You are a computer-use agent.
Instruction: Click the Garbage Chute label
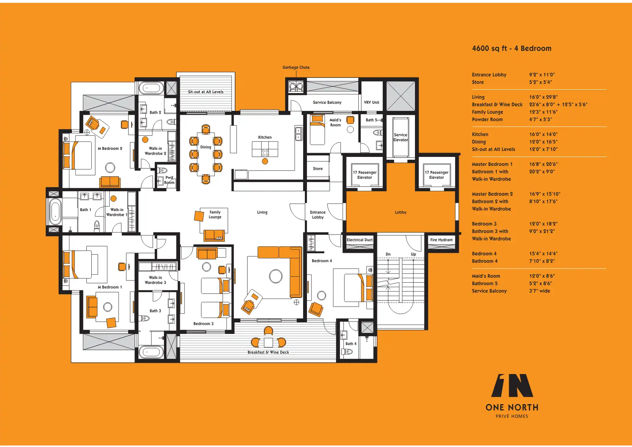pos(296,67)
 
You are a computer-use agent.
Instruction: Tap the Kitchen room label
pos(265,137)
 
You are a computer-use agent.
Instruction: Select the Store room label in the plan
pos(318,169)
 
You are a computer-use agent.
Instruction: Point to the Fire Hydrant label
pos(441,240)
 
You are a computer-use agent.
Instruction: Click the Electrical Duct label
pos(360,240)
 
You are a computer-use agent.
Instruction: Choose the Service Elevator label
pos(400,137)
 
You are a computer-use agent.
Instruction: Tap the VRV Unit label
pos(371,103)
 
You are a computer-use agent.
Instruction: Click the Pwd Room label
pos(169,180)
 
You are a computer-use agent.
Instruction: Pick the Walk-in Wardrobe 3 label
pos(155,280)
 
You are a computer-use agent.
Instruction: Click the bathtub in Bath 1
pos(55,212)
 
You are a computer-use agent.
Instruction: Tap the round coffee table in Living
pos(275,276)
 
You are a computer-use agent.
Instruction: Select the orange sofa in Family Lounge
pos(214,235)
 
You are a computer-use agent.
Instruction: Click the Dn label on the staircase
pos(388,254)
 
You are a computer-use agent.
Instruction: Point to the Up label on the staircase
pos(413,254)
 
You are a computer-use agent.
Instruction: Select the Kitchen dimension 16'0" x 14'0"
pos(543,135)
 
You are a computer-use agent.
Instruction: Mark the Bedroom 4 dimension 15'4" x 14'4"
pos(543,254)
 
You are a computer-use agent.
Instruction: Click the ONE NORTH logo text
pos(512,408)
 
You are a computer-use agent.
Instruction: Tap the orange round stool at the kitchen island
pos(265,162)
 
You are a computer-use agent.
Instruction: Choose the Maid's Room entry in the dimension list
pos(486,276)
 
